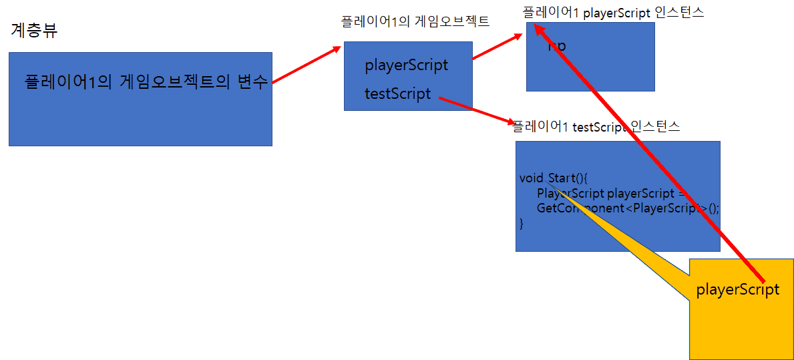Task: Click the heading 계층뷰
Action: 34,31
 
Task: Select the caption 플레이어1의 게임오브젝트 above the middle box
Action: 415,21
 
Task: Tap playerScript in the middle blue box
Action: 406,65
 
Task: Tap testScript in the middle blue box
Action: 397,94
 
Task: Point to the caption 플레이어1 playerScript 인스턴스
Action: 613,12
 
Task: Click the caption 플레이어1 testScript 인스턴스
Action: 596,126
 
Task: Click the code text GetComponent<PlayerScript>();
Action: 628,208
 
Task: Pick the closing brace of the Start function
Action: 522,223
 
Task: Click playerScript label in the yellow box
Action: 737,290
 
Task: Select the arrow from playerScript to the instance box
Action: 498,47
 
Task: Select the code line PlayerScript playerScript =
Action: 611,193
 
